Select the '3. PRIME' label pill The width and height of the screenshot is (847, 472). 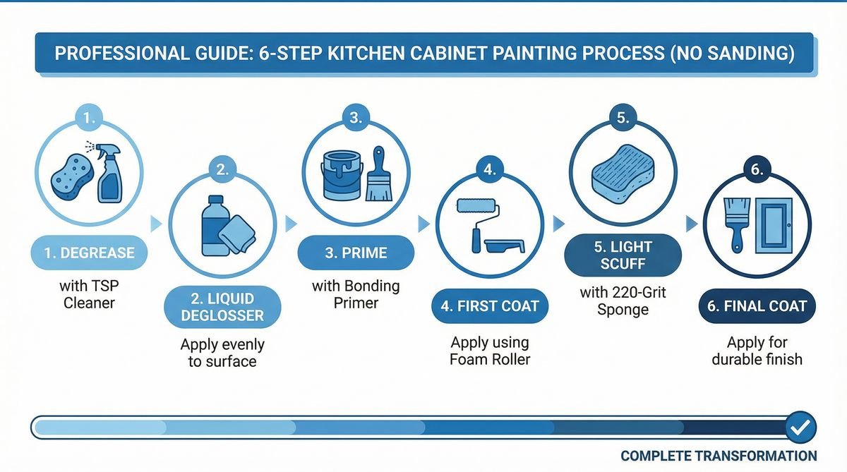click(x=356, y=253)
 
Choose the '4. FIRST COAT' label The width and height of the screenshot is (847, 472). click(x=490, y=306)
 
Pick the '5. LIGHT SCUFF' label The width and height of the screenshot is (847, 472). click(x=623, y=255)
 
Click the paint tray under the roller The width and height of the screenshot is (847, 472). click(x=505, y=246)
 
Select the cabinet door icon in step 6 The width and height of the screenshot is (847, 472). click(x=776, y=225)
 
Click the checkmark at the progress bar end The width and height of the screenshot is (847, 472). click(x=800, y=427)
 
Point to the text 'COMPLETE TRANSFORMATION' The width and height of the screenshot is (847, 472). click(x=719, y=456)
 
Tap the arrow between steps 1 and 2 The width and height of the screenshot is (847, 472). click(x=157, y=224)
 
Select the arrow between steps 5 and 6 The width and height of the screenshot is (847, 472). click(x=692, y=224)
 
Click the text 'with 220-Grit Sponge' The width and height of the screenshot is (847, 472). click(x=623, y=301)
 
